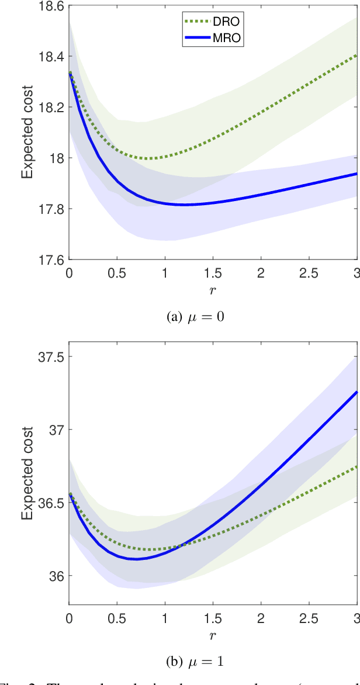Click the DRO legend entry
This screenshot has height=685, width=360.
click(x=210, y=22)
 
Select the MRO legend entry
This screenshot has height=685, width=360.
click(x=210, y=37)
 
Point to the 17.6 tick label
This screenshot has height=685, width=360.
click(x=51, y=259)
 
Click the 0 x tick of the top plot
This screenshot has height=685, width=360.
click(x=70, y=272)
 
